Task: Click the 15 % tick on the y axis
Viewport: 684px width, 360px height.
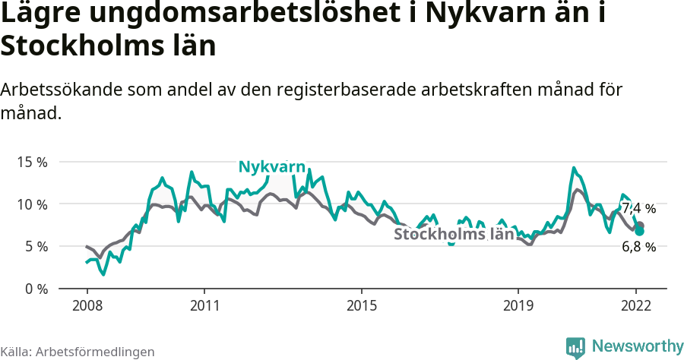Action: (x=32, y=162)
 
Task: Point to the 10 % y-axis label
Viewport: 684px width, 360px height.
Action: (x=32, y=204)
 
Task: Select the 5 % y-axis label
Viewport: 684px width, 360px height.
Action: (x=35, y=246)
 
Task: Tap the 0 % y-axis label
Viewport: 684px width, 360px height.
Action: (x=35, y=289)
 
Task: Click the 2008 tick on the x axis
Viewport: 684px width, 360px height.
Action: (x=87, y=306)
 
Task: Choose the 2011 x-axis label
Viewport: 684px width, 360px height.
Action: (x=204, y=306)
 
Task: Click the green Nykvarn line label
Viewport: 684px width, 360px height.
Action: (x=271, y=167)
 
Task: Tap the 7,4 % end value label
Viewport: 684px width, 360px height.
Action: (x=638, y=208)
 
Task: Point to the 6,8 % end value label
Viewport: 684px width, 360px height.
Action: (x=638, y=247)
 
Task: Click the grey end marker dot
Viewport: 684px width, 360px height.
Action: (x=640, y=226)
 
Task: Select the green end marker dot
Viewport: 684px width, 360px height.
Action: (x=640, y=231)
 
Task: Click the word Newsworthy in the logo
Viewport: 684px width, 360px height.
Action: (x=637, y=346)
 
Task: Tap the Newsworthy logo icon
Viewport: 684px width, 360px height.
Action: (x=575, y=347)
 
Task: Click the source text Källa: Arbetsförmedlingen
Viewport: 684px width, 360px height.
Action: (x=78, y=352)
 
